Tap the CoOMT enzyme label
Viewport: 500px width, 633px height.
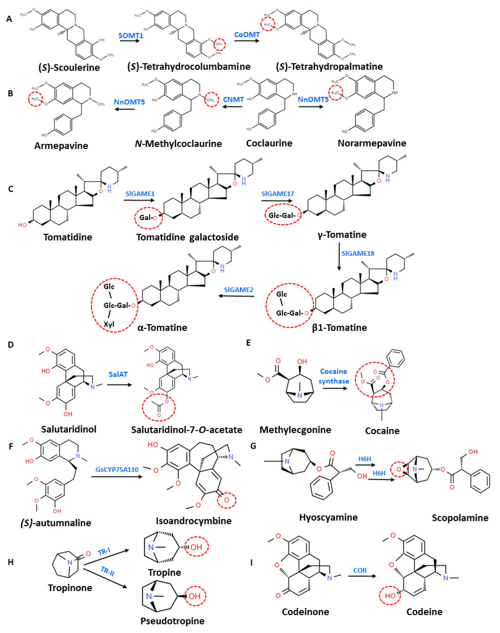247,35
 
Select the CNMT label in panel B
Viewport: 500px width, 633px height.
233,99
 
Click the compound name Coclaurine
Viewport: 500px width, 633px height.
269,143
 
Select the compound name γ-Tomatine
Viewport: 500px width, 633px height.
342,235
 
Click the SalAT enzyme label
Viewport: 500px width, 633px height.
118,374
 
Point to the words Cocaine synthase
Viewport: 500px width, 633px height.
334,376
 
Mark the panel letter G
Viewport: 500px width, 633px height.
253,446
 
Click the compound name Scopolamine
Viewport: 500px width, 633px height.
460,518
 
